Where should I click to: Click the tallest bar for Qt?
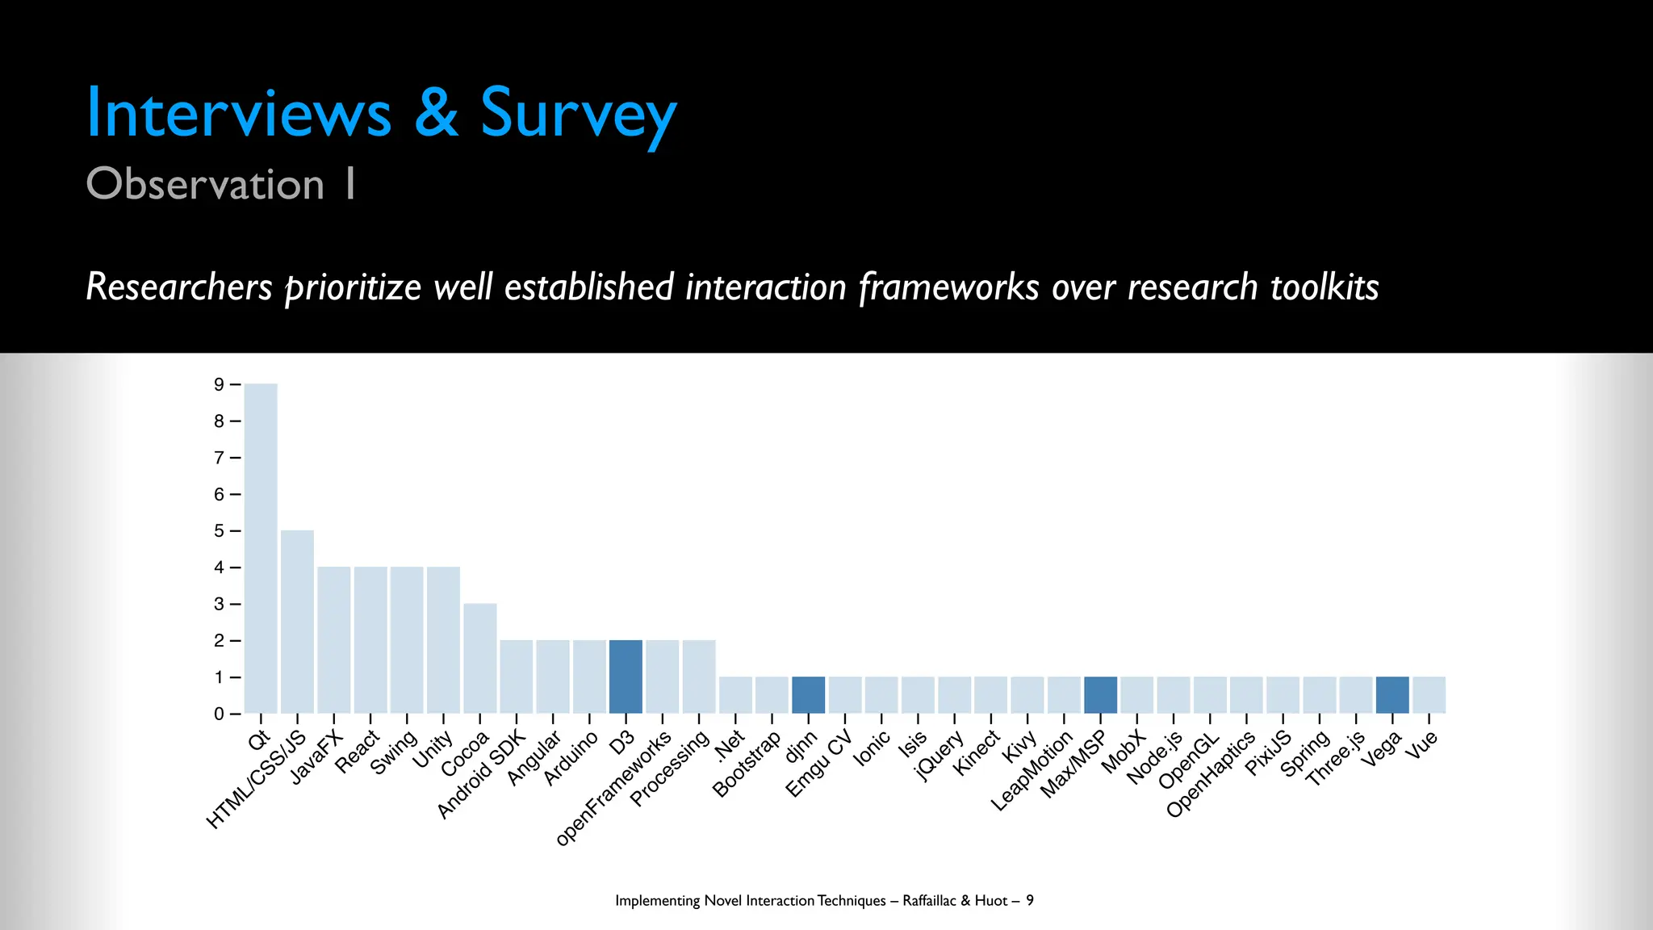coord(261,549)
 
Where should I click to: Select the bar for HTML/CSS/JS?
coord(297,622)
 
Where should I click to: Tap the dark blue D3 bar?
coord(626,677)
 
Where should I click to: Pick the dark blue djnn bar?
coord(808,695)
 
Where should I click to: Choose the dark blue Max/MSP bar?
coord(1100,695)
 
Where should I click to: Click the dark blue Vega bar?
coord(1392,695)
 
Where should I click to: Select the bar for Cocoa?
coord(479,658)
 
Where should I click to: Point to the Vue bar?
coord(1429,695)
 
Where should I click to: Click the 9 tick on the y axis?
coord(220,385)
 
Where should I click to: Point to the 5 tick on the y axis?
coord(220,531)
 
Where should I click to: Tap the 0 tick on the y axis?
coord(220,714)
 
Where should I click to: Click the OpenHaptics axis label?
coord(1211,774)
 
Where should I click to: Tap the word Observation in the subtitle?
coord(205,184)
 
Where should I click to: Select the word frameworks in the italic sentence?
coord(949,287)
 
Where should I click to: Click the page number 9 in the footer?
coord(1030,900)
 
